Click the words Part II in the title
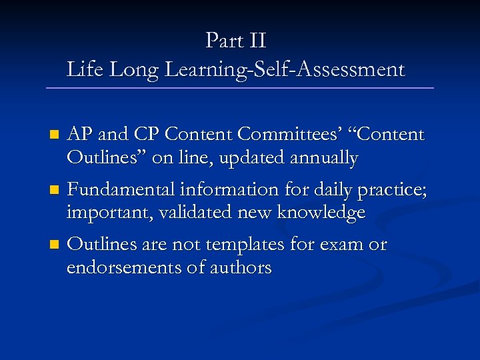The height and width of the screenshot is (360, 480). click(x=236, y=41)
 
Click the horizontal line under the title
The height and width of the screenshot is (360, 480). click(x=240, y=88)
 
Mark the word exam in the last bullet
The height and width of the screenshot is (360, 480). click(x=341, y=245)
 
